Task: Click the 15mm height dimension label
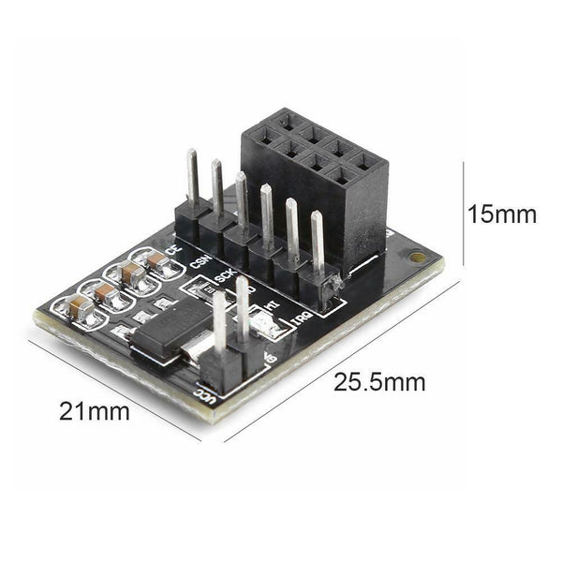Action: pyautogui.click(x=502, y=214)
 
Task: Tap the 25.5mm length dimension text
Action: pyautogui.click(x=379, y=382)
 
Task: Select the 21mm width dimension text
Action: pyautogui.click(x=95, y=410)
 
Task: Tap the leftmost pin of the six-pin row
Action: pyautogui.click(x=192, y=178)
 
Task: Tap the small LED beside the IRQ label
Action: pyautogui.click(x=265, y=327)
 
